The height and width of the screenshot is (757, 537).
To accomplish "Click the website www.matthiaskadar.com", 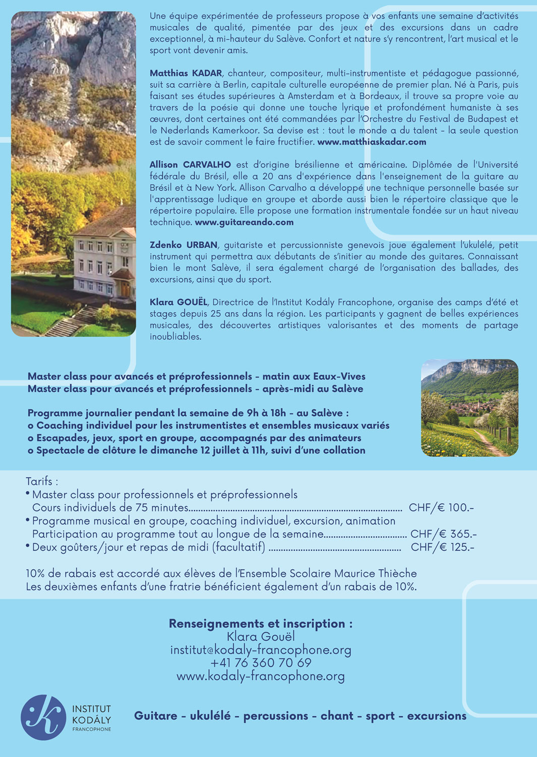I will coord(372,142).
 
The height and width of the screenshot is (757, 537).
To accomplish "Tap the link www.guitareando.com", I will coord(244,222).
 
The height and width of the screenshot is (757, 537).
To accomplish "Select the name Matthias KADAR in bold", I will coord(186,73).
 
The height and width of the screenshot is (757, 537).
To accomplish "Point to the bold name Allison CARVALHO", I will coord(190,165).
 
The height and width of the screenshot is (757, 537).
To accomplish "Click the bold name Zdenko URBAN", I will coord(184,245).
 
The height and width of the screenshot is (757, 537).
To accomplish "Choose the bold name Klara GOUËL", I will coord(178,302).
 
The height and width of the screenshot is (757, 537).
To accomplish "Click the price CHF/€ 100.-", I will coord(441,508).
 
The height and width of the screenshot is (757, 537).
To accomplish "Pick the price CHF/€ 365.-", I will coord(443,534).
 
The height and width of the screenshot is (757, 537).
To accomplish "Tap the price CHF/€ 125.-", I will coord(443,547).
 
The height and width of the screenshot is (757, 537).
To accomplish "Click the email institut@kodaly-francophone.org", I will coord(261,650).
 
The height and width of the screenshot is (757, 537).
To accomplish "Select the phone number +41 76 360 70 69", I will coord(261,663).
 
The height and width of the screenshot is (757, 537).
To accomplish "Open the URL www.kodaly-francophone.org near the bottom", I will coord(261,676).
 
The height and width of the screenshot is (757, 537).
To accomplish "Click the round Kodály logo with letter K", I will coord(43,718).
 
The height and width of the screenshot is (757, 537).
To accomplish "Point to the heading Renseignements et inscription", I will coord(261,624).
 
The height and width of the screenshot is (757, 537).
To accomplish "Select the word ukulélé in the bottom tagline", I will coord(210,716).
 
